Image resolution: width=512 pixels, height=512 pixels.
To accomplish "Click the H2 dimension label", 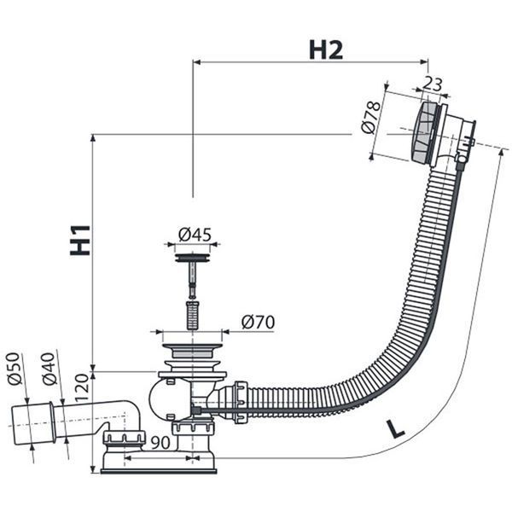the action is (x=326, y=50).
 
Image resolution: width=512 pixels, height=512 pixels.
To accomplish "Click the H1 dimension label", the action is (x=80, y=240).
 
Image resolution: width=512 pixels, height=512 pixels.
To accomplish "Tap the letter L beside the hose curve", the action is (x=396, y=428).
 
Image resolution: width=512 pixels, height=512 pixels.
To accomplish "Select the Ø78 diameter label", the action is (x=371, y=118).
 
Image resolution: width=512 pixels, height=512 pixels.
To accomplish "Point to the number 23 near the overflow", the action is (x=433, y=84).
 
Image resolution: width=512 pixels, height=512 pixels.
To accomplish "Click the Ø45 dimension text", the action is (x=195, y=235).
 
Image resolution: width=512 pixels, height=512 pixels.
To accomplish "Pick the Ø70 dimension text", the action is (x=258, y=323).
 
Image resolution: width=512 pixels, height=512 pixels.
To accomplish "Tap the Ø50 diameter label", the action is (x=15, y=369).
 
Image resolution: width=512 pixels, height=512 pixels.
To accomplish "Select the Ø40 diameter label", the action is (x=49, y=369).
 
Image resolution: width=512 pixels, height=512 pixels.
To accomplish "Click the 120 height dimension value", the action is (x=82, y=388).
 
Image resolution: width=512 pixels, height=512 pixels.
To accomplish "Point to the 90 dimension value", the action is (x=160, y=443).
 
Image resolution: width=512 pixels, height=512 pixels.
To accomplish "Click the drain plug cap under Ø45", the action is (x=192, y=258).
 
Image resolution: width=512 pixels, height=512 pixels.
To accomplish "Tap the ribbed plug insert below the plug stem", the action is (x=192, y=316).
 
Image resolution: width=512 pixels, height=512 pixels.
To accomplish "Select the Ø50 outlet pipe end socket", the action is (x=32, y=424).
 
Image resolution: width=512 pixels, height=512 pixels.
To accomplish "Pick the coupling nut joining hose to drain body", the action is (x=241, y=402).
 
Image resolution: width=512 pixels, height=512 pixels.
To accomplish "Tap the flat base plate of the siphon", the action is (x=159, y=472).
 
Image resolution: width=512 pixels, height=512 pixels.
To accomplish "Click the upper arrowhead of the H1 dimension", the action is (x=93, y=137).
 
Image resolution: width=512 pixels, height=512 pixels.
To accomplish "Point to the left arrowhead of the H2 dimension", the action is (x=196, y=61).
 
